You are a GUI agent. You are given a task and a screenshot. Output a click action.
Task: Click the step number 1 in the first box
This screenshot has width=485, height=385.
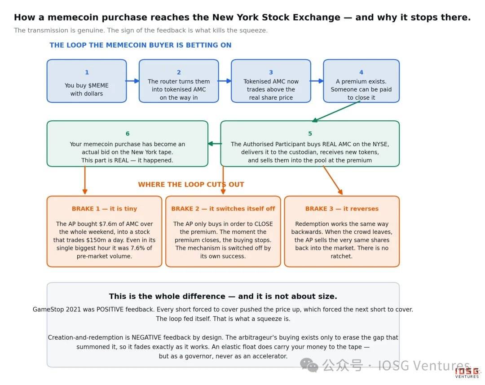coord(87,72)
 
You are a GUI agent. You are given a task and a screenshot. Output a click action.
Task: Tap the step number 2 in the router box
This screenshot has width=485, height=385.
coord(179,72)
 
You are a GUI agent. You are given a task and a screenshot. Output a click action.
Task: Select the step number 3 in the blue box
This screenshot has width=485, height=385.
coord(271,72)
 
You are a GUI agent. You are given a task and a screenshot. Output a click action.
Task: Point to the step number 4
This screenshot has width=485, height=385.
coord(361,72)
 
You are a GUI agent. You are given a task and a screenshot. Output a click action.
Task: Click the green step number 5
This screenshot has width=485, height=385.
coord(310,133)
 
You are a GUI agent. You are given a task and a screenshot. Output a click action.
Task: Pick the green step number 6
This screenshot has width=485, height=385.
coord(128,133)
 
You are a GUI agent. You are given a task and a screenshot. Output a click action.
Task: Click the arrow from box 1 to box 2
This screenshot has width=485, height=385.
coord(132,81)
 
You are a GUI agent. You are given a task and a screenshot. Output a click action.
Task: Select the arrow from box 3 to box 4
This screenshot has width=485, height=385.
coord(317,81)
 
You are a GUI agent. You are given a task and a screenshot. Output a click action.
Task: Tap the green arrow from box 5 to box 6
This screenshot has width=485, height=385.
coord(215,144)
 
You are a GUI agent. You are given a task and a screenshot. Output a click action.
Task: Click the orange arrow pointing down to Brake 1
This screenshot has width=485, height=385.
coord(85,180)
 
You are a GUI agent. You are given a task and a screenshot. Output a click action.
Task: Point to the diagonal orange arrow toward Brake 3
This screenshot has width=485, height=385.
coord(333,180)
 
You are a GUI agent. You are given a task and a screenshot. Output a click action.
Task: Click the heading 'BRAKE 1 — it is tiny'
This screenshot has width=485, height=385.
coord(104,209)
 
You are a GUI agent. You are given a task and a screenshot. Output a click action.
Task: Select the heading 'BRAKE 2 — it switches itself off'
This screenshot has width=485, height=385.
coord(223,209)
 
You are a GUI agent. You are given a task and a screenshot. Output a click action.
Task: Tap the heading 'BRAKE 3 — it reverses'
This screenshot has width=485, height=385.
coord(342,209)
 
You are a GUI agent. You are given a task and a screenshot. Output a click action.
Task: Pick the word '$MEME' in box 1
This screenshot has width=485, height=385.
coord(98,86)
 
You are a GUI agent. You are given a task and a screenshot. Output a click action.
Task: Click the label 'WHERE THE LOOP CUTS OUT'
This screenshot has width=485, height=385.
coord(191,184)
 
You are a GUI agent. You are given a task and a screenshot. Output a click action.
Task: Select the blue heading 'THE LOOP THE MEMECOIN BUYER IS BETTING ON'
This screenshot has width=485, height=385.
coord(141,45)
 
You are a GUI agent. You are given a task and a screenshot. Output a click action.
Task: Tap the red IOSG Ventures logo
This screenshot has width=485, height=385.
coord(467,372)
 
